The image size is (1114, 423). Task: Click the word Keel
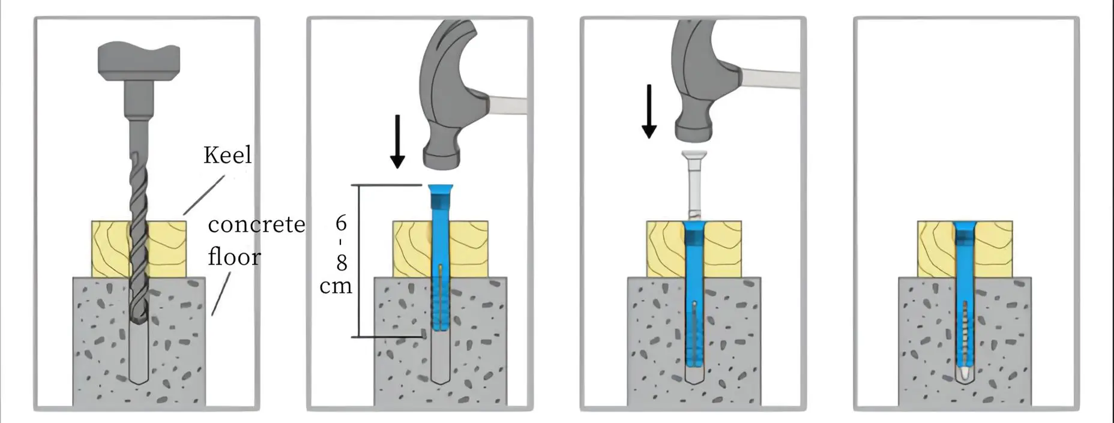coord(227,155)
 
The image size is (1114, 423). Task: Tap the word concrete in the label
coord(256,224)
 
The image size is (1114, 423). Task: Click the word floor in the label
coord(234,257)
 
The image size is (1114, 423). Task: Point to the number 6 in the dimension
coord(341,223)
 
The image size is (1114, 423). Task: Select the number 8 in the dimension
coord(342,263)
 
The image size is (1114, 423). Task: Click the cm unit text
coord(336,286)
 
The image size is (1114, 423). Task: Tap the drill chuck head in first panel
coord(139,61)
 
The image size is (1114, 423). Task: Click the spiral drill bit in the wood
coord(139,246)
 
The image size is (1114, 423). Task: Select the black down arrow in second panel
coord(397,142)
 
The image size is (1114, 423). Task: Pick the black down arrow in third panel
coord(649,112)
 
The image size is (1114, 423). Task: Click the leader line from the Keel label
coord(204,194)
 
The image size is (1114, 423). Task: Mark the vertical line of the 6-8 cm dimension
coord(360,261)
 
